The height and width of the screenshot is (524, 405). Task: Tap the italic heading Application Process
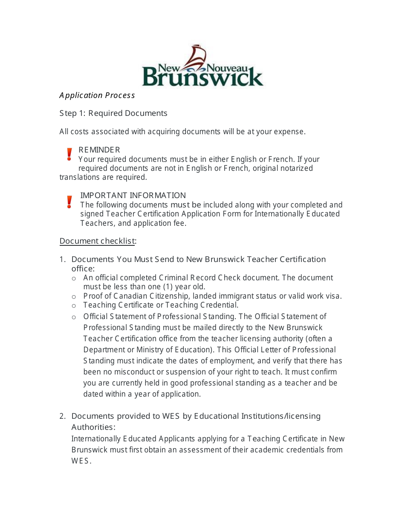click(97, 95)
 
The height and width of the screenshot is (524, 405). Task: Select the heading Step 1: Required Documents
click(113, 113)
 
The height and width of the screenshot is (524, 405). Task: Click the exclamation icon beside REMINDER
click(69, 154)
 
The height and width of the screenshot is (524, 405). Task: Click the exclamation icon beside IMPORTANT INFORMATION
click(69, 202)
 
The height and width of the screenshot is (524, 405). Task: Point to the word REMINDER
click(99, 150)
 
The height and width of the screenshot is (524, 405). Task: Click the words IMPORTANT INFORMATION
click(133, 196)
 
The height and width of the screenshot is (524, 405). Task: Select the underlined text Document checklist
click(97, 241)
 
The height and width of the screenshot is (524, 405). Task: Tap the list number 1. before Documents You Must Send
click(62, 259)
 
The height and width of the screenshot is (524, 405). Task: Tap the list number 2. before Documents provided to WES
click(62, 416)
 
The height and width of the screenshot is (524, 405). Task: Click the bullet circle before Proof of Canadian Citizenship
click(74, 297)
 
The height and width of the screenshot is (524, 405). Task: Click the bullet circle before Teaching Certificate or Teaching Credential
click(74, 305)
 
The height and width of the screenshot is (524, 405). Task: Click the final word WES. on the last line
click(81, 461)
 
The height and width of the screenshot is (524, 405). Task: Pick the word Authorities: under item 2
click(93, 427)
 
